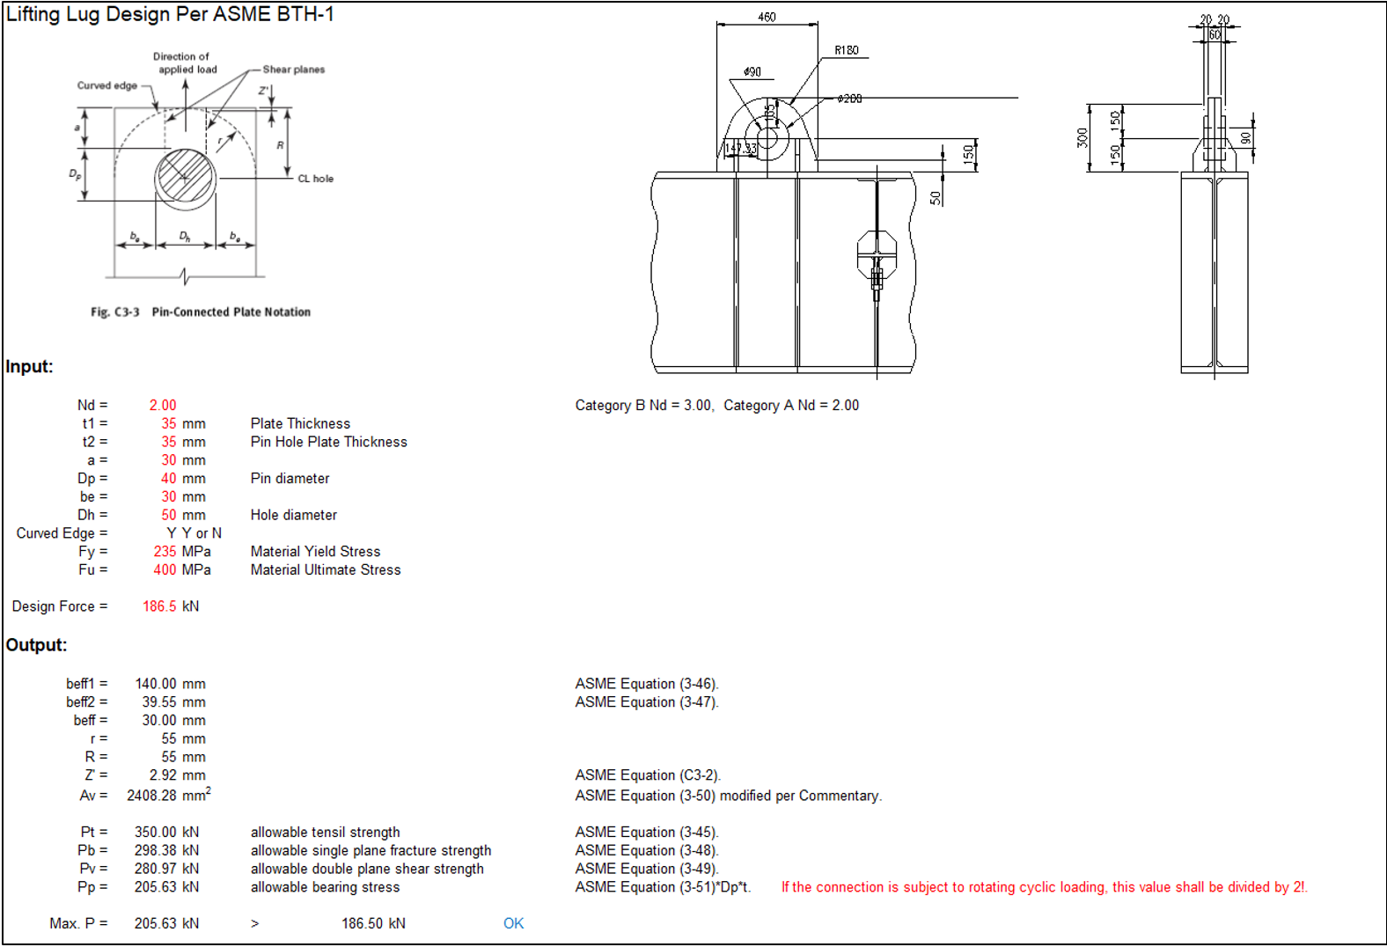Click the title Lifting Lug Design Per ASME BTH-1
pyautogui.click(x=170, y=15)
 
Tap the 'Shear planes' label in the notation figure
pyautogui.click(x=293, y=70)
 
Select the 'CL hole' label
pyautogui.click(x=315, y=179)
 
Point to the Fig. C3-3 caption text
pyautogui.click(x=201, y=312)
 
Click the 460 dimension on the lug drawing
pyautogui.click(x=767, y=17)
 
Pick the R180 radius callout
pyautogui.click(x=846, y=50)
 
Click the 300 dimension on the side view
pyautogui.click(x=1082, y=137)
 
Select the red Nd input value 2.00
pyautogui.click(x=163, y=405)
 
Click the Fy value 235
pyautogui.click(x=165, y=551)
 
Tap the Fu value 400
pyautogui.click(x=165, y=569)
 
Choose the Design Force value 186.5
pyautogui.click(x=159, y=606)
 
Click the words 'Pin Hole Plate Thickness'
pyautogui.click(x=328, y=442)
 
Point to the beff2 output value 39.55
pyautogui.click(x=159, y=702)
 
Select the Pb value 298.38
pyautogui.click(x=156, y=850)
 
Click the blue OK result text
pyautogui.click(x=513, y=923)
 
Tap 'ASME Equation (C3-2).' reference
pyautogui.click(x=648, y=775)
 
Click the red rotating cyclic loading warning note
pyautogui.click(x=1044, y=887)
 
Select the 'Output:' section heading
pyautogui.click(x=36, y=645)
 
